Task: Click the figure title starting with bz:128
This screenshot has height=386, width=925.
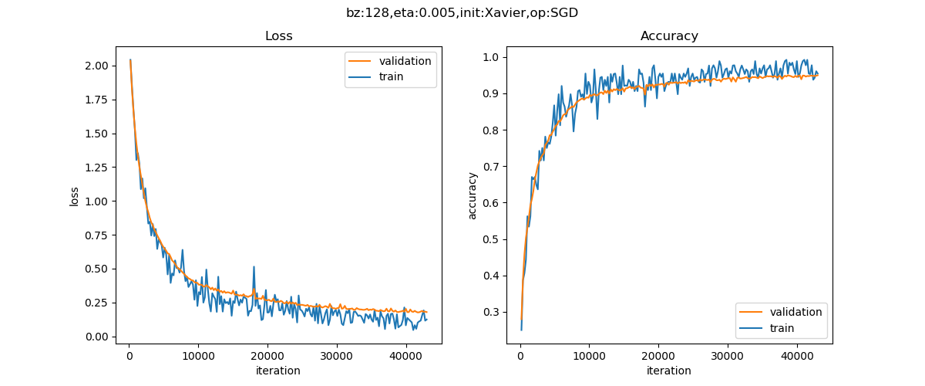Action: pos(462,12)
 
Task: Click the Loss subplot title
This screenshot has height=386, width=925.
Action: pos(278,36)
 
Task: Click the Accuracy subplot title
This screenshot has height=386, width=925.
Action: pos(669,36)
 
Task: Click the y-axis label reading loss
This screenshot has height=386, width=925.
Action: pos(75,196)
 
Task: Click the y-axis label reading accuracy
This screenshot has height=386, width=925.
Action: pos(473,196)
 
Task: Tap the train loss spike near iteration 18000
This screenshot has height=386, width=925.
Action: pos(254,267)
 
